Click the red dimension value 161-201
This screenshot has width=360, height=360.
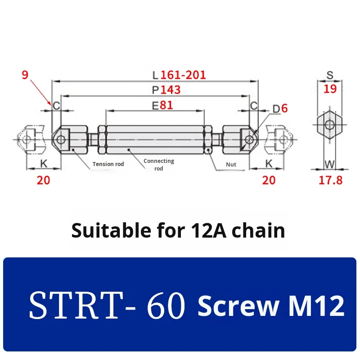click(183, 75)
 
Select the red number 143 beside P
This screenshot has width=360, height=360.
click(171, 90)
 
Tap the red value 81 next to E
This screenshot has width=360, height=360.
click(166, 105)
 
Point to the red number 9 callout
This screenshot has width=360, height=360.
click(25, 75)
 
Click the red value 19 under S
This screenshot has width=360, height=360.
click(330, 89)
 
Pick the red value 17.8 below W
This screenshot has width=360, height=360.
click(331, 180)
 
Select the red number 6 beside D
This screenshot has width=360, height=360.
click(284, 108)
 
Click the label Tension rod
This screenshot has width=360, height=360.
click(108, 164)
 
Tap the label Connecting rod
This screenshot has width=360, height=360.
click(159, 164)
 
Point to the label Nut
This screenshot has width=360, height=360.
click(231, 164)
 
